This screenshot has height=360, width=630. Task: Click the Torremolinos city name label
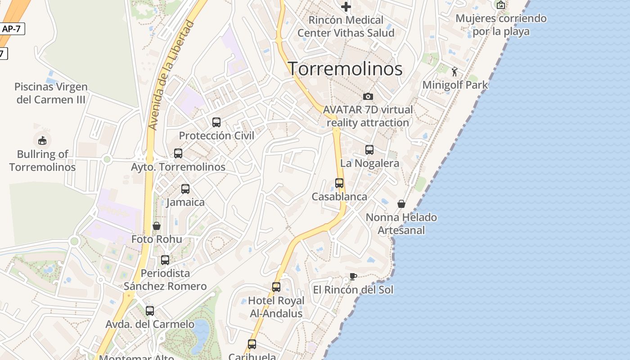click(345, 69)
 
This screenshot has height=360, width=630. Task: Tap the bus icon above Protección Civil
click(216, 122)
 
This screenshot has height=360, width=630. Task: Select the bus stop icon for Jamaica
click(185, 189)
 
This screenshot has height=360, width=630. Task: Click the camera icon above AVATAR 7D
click(368, 96)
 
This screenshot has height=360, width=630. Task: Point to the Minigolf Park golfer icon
click(455, 71)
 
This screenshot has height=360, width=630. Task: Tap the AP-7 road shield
click(12, 29)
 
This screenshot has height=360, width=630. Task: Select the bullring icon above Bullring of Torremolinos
click(42, 141)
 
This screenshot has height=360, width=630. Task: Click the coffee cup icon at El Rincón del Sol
click(353, 276)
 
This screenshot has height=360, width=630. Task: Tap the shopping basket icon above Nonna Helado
click(401, 204)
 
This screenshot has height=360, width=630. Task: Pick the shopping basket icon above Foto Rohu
click(157, 225)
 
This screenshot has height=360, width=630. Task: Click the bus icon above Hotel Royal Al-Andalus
click(276, 287)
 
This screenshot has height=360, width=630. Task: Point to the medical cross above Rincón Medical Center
click(346, 7)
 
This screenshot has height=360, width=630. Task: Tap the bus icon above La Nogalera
click(369, 150)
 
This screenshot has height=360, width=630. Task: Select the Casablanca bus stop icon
click(339, 183)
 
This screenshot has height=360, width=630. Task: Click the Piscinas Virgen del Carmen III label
click(51, 93)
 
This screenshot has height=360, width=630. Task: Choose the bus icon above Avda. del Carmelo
click(150, 310)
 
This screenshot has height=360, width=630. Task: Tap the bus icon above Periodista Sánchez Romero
click(165, 260)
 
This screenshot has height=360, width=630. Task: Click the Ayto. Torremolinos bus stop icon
click(178, 153)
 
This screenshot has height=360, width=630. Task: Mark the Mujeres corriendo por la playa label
click(501, 25)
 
